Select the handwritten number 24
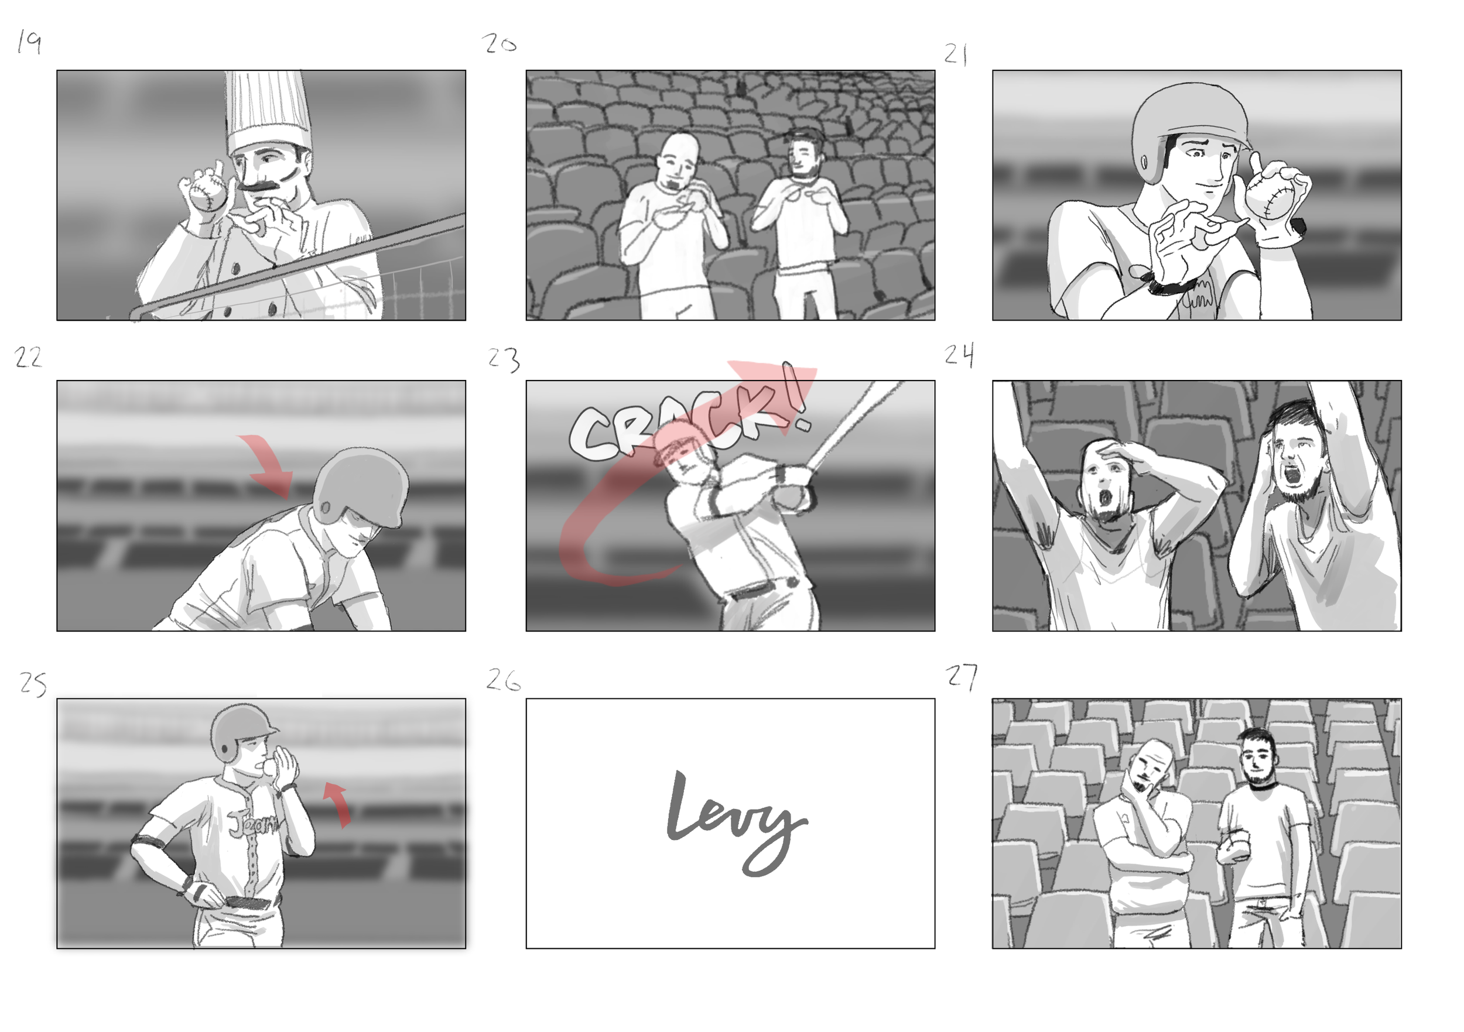[x=959, y=355]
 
